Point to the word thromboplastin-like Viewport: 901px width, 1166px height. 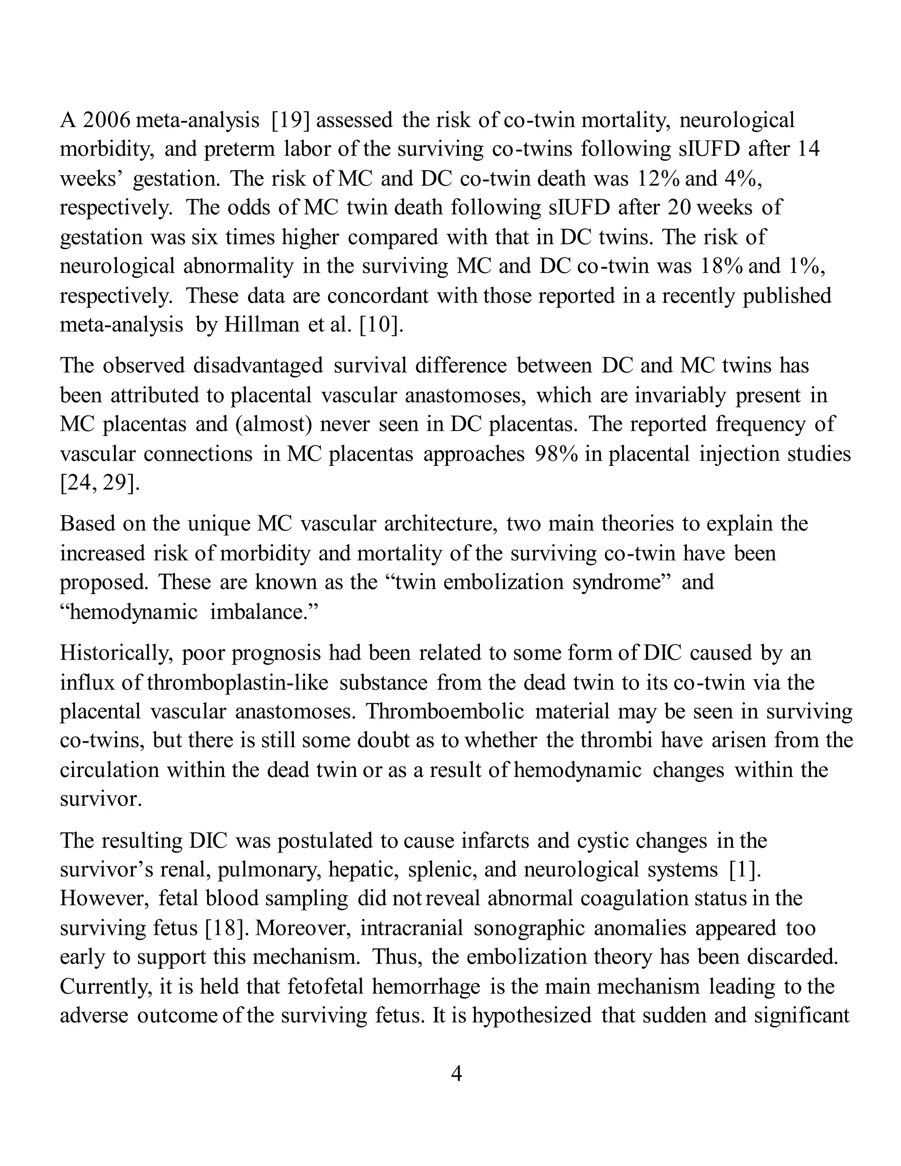(238, 683)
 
